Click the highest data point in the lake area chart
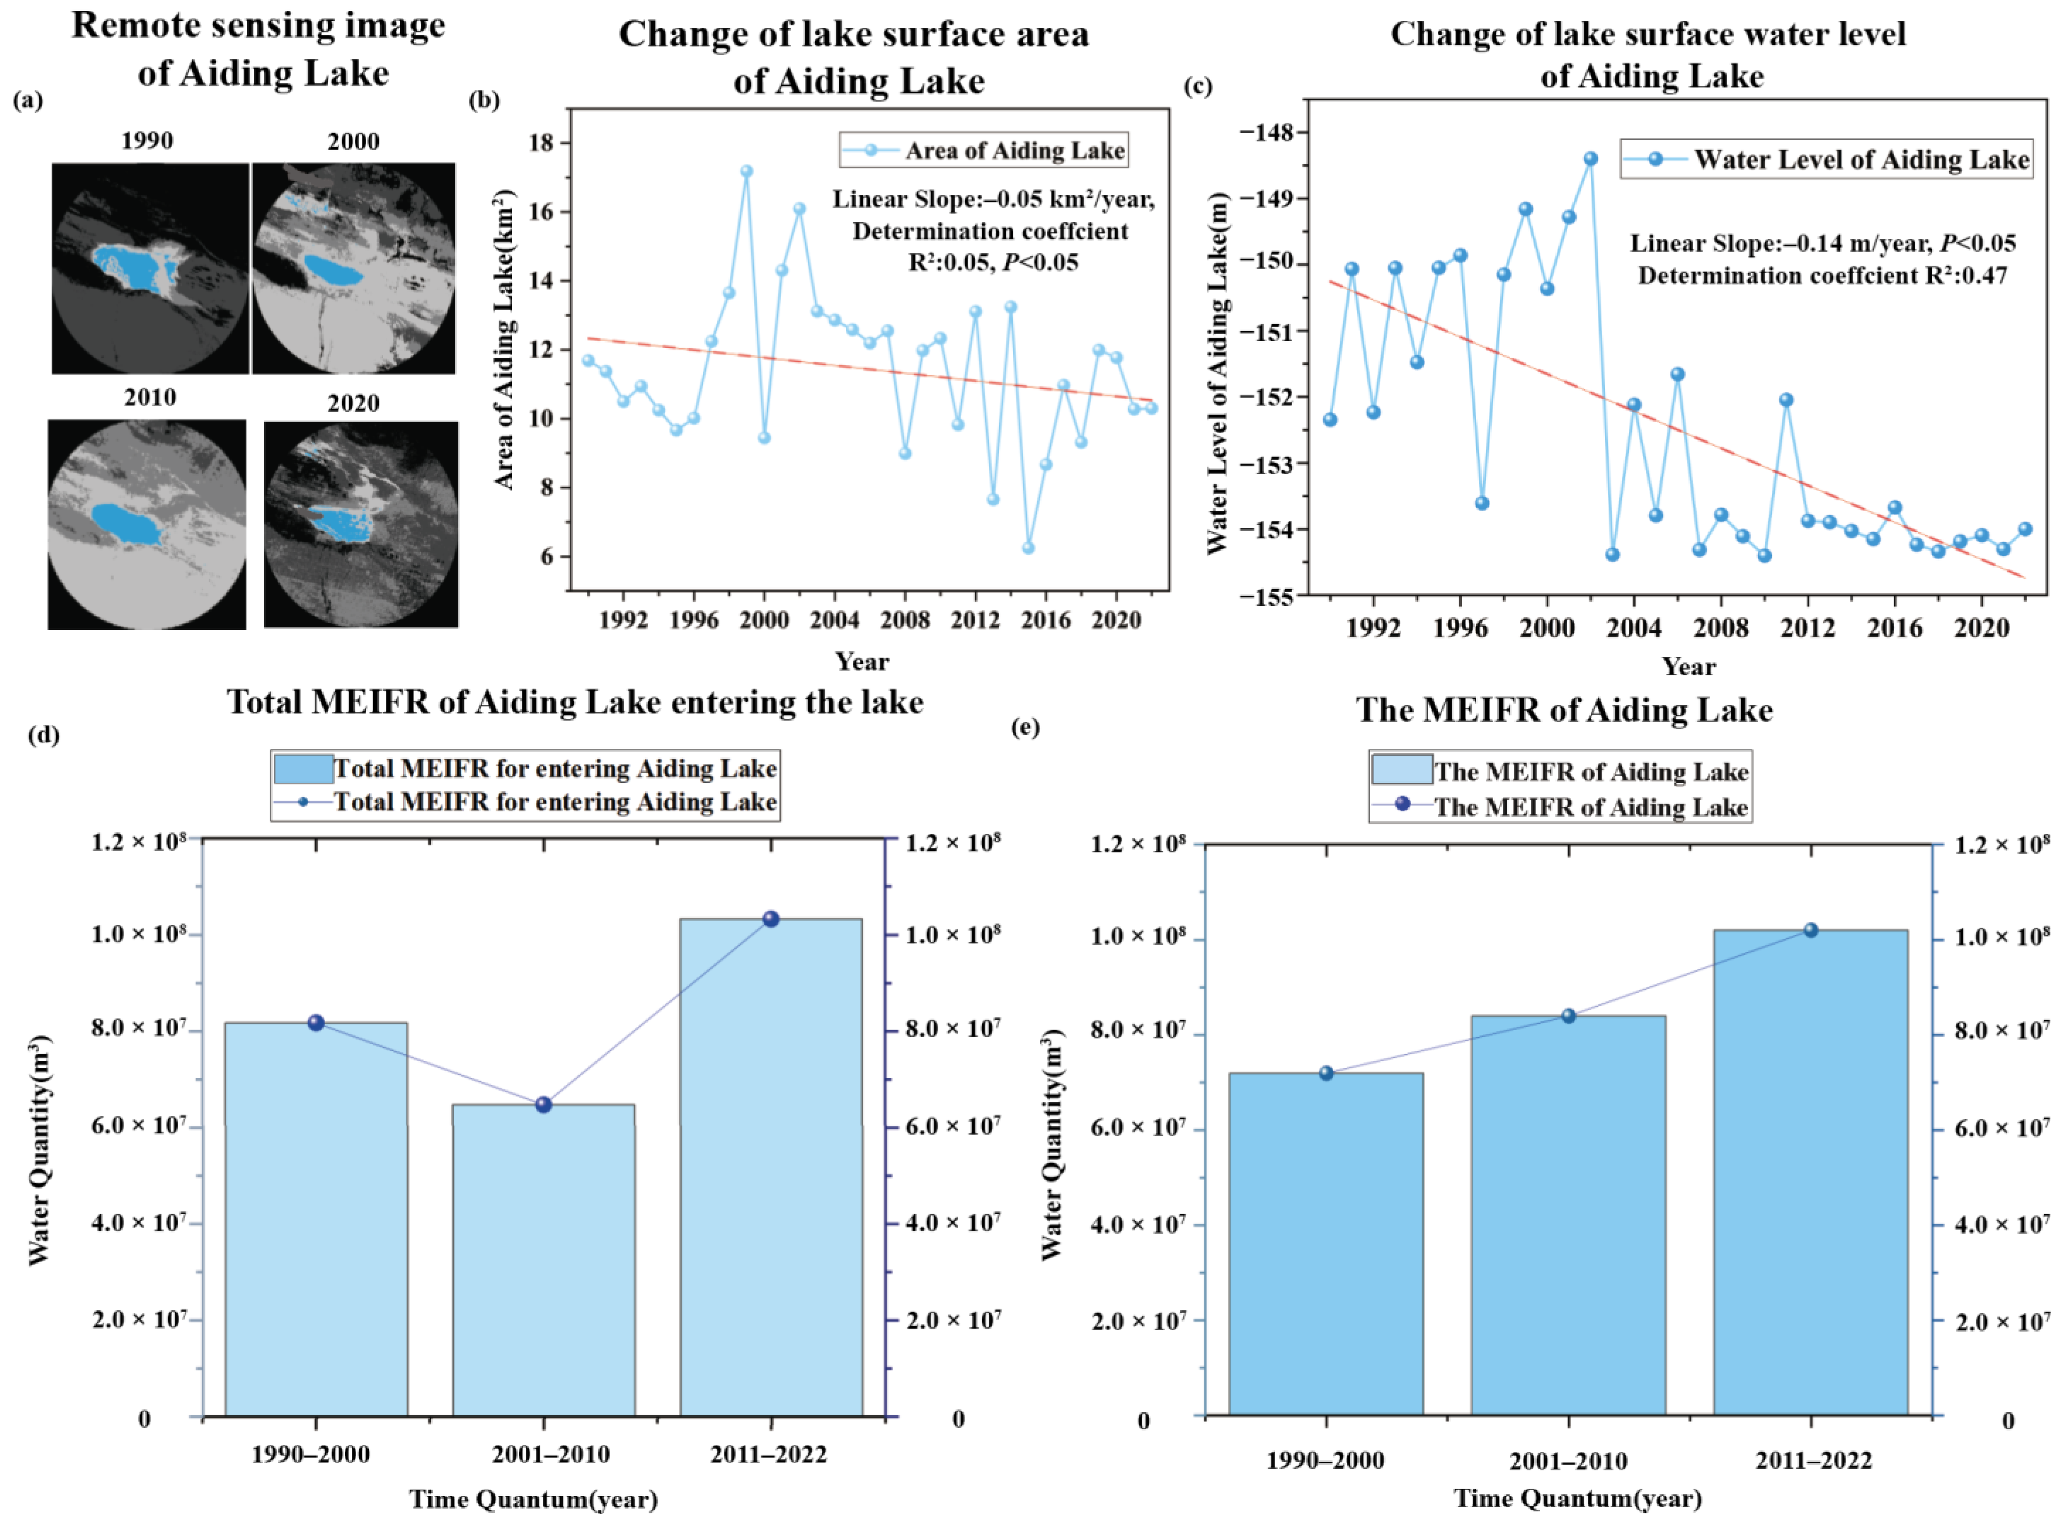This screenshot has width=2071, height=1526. point(746,171)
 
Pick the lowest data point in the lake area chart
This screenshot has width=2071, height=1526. point(1027,548)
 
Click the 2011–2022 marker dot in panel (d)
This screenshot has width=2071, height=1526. point(771,919)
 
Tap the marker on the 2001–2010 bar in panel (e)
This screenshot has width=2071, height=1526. point(1568,1016)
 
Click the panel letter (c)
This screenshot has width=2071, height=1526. point(1197,87)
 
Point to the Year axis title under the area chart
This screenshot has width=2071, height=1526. point(861,662)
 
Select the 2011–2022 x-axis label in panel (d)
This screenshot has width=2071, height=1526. point(768,1455)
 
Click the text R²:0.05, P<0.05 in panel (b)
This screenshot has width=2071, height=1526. point(993,262)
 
